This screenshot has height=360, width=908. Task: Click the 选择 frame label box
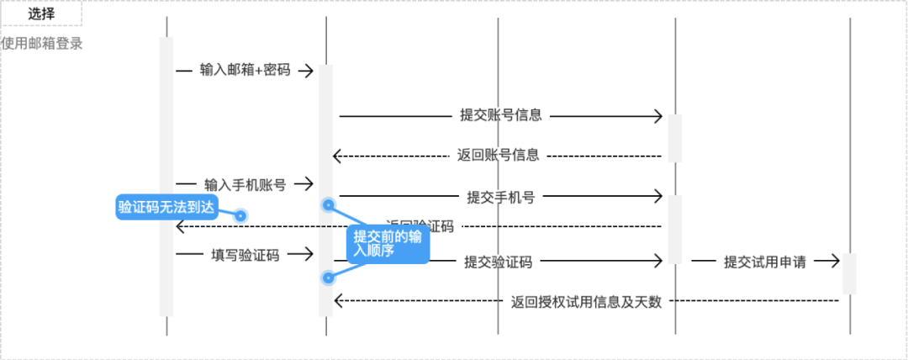(x=41, y=13)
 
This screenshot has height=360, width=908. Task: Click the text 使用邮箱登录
(x=42, y=44)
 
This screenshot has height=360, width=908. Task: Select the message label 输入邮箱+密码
(x=245, y=70)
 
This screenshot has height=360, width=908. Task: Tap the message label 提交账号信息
(x=501, y=116)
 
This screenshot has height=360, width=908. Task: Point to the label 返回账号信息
(x=498, y=155)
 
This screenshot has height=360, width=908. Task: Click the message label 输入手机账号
(x=245, y=183)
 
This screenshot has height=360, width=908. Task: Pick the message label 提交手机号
(x=501, y=198)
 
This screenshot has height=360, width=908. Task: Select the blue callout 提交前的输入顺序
(x=388, y=244)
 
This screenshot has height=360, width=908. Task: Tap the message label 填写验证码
(x=245, y=254)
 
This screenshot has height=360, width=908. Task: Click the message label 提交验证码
(x=499, y=262)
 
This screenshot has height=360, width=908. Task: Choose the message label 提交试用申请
(x=765, y=262)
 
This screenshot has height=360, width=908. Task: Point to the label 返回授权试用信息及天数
(x=587, y=301)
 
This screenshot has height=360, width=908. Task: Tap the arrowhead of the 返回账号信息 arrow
(x=337, y=155)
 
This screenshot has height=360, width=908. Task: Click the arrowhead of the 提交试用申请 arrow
(x=835, y=262)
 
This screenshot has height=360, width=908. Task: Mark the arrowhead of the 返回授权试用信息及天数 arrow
(x=337, y=301)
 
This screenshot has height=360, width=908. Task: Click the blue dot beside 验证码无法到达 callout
(x=240, y=215)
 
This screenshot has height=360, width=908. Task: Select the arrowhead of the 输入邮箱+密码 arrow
(x=309, y=70)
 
